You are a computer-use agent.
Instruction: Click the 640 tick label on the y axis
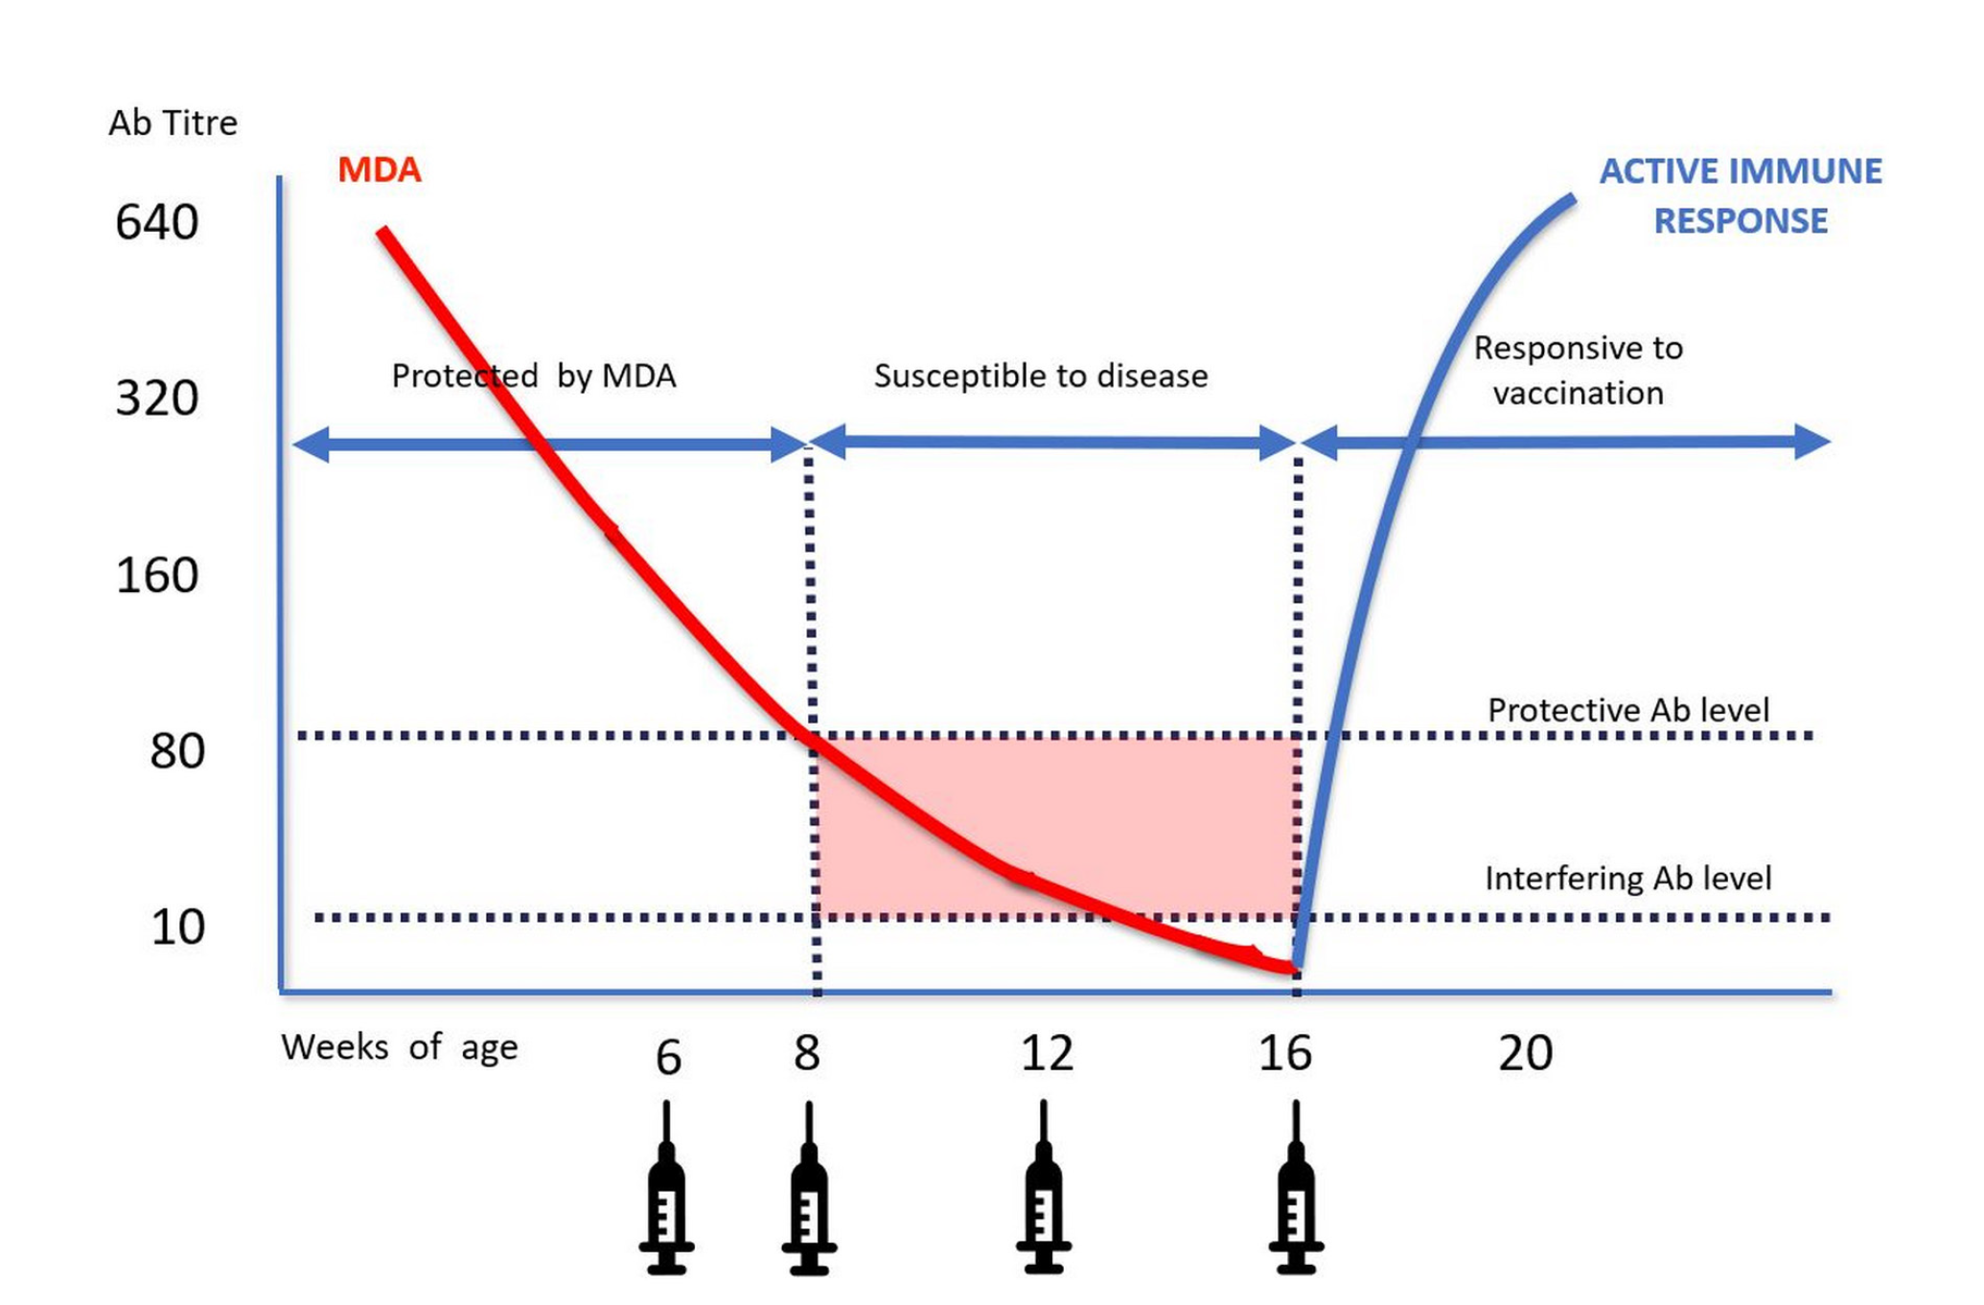pos(157,222)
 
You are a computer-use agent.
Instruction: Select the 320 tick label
pos(157,398)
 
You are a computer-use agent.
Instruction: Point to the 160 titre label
pos(157,576)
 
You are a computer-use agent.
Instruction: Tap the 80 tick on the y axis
pos(177,751)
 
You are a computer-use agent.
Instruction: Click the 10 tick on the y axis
pos(177,927)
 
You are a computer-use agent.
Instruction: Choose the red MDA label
pos(380,171)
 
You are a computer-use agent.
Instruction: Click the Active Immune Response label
pos(1740,196)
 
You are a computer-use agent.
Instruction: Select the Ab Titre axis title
pos(173,124)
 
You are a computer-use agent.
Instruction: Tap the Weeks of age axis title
pos(399,1047)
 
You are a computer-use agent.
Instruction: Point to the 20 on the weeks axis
pos(1525,1054)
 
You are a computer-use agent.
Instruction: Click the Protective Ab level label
pos(1627,711)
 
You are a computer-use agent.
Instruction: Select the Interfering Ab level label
pos(1627,879)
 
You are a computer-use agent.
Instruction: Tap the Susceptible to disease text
pos(1040,377)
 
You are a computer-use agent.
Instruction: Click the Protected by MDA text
pos(533,377)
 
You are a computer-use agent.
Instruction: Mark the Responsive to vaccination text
pos(1578,371)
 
